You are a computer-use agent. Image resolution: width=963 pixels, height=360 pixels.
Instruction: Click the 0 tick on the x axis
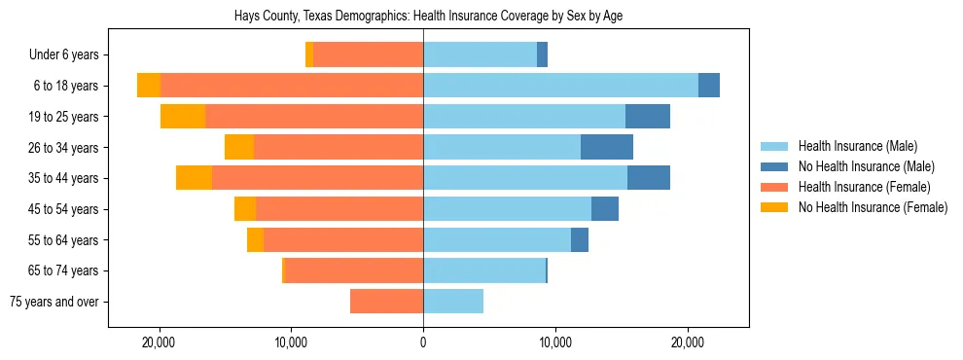pyautogui.click(x=423, y=342)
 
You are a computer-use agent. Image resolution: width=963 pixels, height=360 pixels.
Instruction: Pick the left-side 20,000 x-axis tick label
pyautogui.click(x=158, y=342)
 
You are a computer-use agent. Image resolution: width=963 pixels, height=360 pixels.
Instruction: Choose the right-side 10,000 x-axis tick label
pyautogui.click(x=555, y=342)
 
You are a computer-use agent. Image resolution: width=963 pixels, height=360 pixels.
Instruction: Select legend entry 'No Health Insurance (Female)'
pyautogui.click(x=873, y=207)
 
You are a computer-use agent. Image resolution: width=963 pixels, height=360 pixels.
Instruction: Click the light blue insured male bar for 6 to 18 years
pyautogui.click(x=560, y=86)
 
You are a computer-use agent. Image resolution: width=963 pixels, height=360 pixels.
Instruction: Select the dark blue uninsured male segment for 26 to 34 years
pyautogui.click(x=607, y=147)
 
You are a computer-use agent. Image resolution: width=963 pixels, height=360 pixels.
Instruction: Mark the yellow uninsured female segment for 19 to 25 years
pyautogui.click(x=183, y=117)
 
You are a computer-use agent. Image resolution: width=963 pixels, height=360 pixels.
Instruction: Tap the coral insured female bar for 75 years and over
pyautogui.click(x=386, y=302)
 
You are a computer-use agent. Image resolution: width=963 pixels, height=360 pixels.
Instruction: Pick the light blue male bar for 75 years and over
pyautogui.click(x=453, y=302)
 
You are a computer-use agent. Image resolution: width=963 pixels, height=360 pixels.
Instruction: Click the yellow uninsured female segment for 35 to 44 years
pyautogui.click(x=194, y=178)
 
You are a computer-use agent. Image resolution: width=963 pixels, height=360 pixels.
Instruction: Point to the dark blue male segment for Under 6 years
pyautogui.click(x=542, y=55)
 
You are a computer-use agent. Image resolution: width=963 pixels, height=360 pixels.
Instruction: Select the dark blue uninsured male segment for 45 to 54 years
pyautogui.click(x=605, y=209)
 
